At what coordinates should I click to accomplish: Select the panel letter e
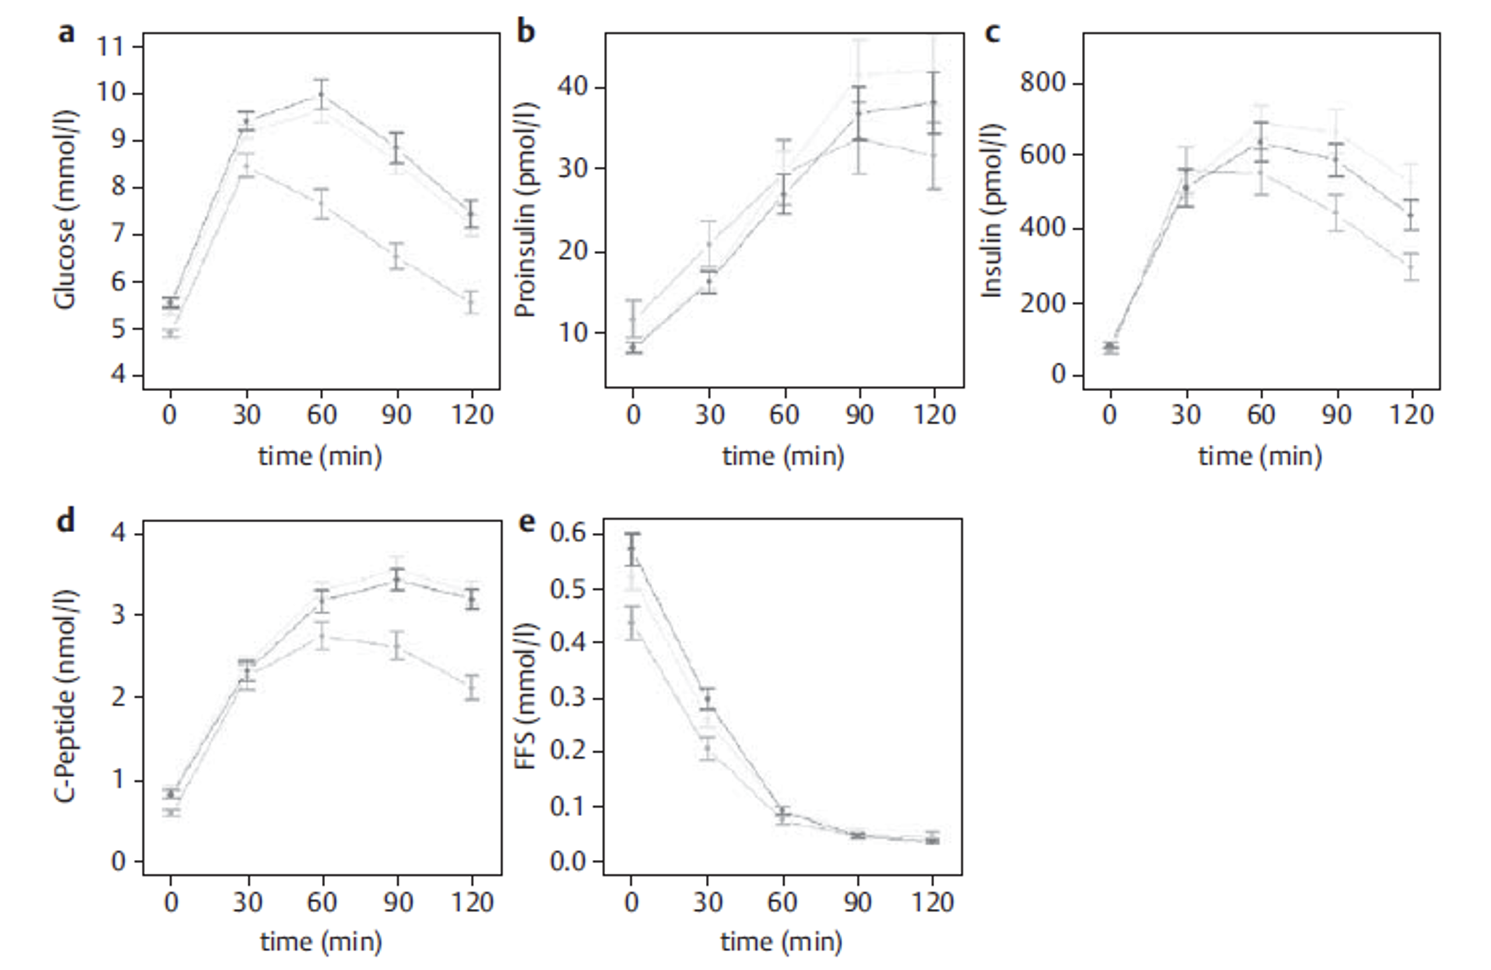tap(528, 521)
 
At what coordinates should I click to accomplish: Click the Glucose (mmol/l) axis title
tap(64, 210)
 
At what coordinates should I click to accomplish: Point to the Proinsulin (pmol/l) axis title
tap(525, 210)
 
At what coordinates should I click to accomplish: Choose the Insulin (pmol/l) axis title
tap(991, 210)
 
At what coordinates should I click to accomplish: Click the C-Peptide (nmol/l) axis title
tap(64, 695)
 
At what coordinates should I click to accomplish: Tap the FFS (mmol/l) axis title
tap(525, 695)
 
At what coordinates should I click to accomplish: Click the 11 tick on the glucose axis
tap(110, 47)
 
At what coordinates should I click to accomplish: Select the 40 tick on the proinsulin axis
tap(573, 86)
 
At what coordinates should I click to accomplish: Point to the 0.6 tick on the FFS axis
tap(568, 534)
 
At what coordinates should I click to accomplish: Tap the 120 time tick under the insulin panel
tap(1412, 415)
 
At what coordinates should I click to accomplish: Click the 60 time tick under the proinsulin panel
tap(784, 415)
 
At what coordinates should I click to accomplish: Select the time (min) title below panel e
tap(781, 941)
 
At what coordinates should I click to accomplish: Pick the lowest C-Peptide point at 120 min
tap(472, 688)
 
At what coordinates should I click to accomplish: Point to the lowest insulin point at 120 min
tap(1411, 267)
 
